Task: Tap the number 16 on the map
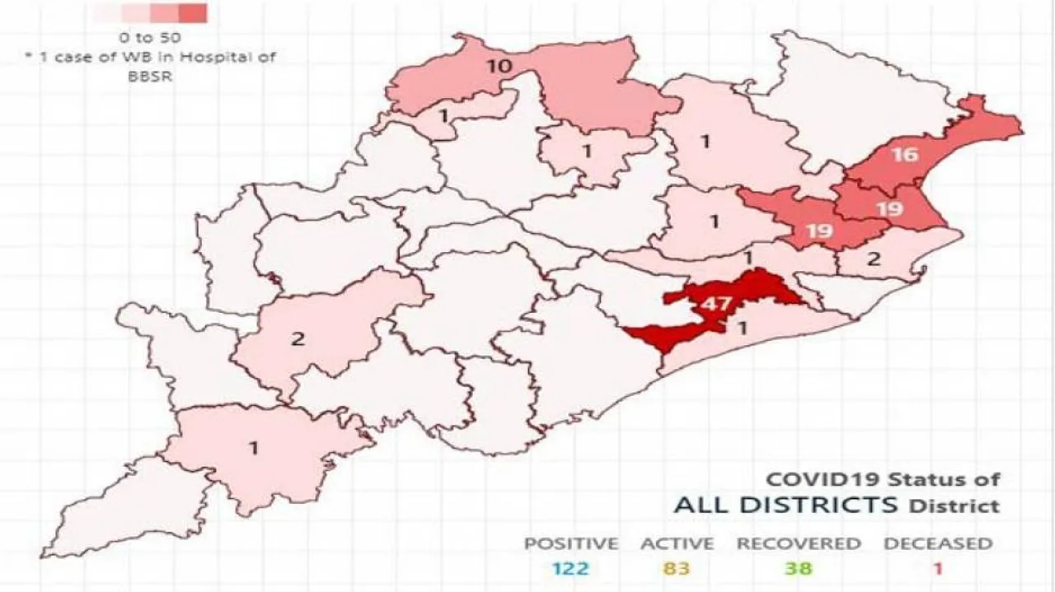click(x=903, y=155)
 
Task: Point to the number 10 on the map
click(x=500, y=65)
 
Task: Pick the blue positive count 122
click(x=570, y=567)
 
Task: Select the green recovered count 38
click(x=798, y=567)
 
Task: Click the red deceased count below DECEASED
click(x=937, y=567)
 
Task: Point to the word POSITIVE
click(x=570, y=543)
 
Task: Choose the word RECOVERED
click(x=798, y=543)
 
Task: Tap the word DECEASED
click(x=938, y=543)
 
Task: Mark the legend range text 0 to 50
click(x=149, y=38)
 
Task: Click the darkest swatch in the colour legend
click(x=192, y=14)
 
